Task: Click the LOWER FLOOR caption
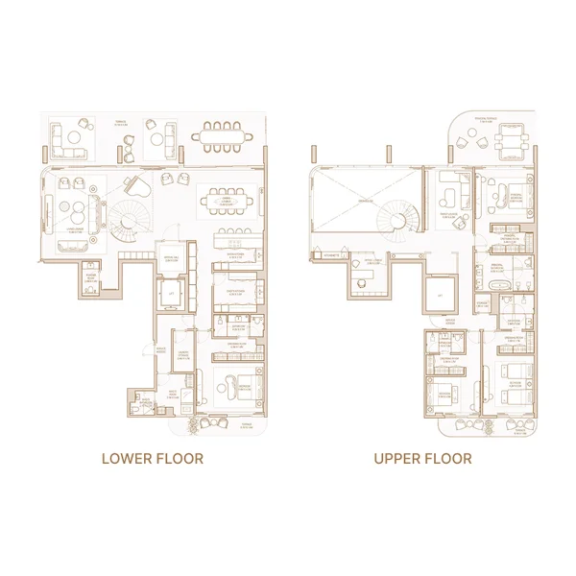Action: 153,459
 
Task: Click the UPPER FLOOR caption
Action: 422,459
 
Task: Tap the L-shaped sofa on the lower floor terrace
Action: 70,140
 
